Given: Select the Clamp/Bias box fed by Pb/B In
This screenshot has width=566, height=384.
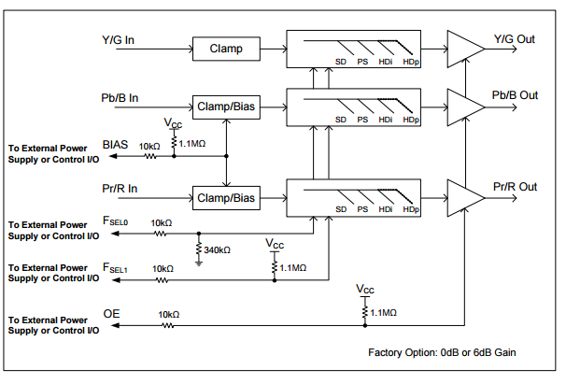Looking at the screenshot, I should [x=224, y=107].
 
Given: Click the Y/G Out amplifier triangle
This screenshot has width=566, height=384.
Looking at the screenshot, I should [x=463, y=46].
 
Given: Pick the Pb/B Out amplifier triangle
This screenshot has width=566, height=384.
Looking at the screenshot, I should [x=463, y=105].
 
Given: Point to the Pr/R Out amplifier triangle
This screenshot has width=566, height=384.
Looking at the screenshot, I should [x=463, y=196].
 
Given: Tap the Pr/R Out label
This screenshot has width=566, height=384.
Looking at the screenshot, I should [x=516, y=187].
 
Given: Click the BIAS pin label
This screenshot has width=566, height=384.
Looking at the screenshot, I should [x=115, y=145].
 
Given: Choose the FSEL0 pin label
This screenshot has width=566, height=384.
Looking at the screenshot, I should [x=118, y=222].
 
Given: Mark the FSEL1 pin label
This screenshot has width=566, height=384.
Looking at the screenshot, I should [x=118, y=268].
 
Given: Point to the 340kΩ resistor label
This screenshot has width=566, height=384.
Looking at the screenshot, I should [x=217, y=249].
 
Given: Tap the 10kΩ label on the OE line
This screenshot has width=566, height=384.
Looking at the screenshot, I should [x=168, y=314].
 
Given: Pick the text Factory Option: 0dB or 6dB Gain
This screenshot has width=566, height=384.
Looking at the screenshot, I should [x=443, y=352].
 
